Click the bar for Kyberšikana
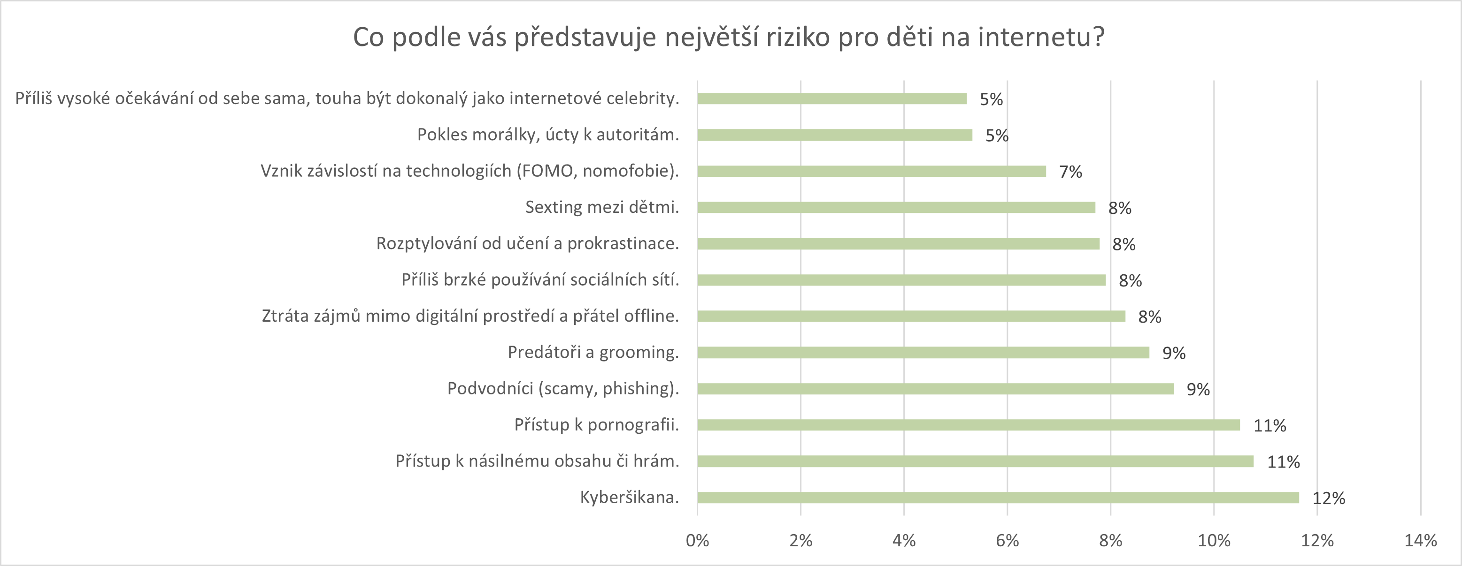click(x=998, y=498)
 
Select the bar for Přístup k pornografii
click(x=968, y=425)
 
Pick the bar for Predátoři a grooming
click(x=923, y=352)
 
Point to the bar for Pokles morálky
click(x=834, y=135)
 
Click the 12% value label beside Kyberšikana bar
click(x=1329, y=498)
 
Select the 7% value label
click(x=1070, y=171)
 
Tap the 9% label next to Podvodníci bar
click(x=1198, y=389)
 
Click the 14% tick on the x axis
click(x=1421, y=541)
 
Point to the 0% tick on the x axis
click(x=698, y=541)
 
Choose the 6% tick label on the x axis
click(x=1008, y=541)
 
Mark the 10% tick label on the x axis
click(x=1214, y=541)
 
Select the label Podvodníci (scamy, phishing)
click(x=563, y=388)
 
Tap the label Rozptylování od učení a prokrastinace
click(x=528, y=243)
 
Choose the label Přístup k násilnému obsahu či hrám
click(x=537, y=461)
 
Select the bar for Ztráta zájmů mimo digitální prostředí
click(x=911, y=316)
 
